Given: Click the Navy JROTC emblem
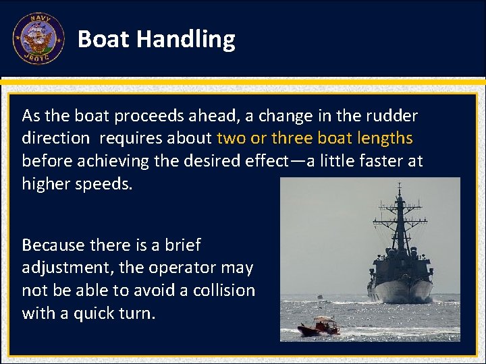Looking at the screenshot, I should click(x=38, y=38).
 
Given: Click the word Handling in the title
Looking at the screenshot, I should click(x=186, y=39).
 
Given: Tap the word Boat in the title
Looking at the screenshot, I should click(x=104, y=39).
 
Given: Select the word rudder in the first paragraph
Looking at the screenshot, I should click(x=395, y=116).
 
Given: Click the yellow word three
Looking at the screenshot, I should click(x=291, y=138).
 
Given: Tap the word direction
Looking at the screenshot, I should click(x=55, y=138).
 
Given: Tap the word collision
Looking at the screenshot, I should click(x=222, y=291).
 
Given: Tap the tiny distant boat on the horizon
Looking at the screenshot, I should click(x=321, y=296).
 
